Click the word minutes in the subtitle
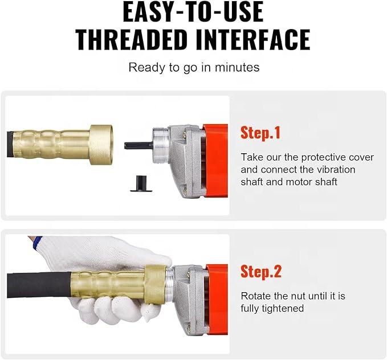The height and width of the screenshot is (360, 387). (237, 67)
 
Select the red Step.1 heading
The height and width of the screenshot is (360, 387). (260, 133)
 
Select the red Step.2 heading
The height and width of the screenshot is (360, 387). (261, 271)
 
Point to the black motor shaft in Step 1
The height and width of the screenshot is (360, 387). (138, 145)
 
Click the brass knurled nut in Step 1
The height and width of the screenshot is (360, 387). (101, 145)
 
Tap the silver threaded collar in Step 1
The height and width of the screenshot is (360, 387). (160, 145)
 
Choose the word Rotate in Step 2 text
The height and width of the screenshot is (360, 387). (255, 296)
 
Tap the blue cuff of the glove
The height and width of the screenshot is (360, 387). (38, 243)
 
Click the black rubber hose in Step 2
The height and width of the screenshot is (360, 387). (39, 285)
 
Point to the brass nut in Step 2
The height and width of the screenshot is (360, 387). (156, 285)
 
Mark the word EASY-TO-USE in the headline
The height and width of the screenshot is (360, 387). (193, 12)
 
